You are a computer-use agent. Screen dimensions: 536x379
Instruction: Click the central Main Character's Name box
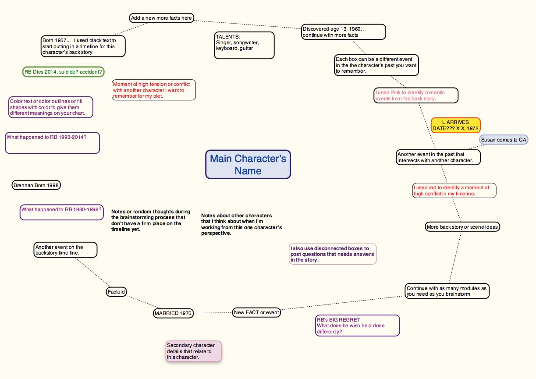click(x=248, y=164)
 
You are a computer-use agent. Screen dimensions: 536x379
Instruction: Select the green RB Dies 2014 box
click(x=63, y=72)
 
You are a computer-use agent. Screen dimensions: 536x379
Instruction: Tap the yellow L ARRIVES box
click(x=455, y=125)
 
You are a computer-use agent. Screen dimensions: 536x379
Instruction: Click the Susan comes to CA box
click(x=504, y=140)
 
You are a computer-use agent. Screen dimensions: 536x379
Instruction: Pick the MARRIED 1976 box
click(x=173, y=313)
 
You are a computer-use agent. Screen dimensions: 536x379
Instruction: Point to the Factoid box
click(x=116, y=292)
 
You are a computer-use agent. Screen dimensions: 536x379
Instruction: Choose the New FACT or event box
click(x=256, y=312)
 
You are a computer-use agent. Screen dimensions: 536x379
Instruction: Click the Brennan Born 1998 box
click(x=36, y=185)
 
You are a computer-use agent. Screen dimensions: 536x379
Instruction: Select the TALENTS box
click(x=244, y=45)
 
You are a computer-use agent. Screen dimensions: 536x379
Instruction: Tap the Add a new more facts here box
click(x=162, y=18)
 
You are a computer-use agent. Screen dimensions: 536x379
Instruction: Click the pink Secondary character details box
click(x=194, y=351)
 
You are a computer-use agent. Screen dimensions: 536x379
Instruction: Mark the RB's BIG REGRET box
click(x=358, y=326)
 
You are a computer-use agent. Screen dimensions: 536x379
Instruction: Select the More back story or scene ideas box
click(x=462, y=227)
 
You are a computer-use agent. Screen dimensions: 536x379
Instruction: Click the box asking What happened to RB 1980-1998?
click(x=61, y=212)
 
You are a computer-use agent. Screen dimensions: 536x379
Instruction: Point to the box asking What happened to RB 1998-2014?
click(x=52, y=143)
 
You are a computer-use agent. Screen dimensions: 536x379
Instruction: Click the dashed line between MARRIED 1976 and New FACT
click(x=213, y=313)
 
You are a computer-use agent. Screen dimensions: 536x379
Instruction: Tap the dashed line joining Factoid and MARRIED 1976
click(x=143, y=302)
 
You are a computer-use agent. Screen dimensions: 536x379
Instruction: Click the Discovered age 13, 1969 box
click(x=343, y=32)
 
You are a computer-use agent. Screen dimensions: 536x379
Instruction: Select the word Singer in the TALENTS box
click(x=224, y=43)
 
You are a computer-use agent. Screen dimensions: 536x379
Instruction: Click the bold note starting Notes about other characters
click(x=241, y=224)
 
